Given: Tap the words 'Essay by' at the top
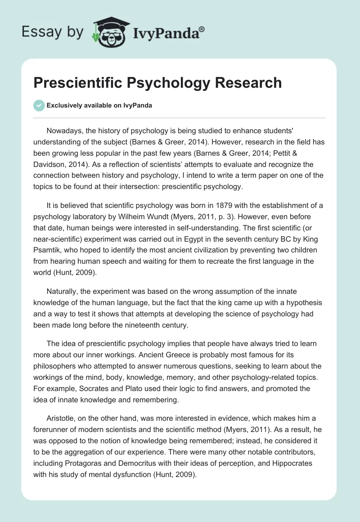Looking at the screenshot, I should pos(53,32).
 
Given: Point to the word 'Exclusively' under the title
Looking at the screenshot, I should pos(64,105).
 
